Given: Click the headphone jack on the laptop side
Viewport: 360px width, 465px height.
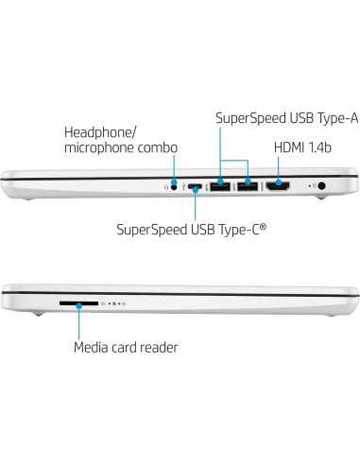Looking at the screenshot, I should (x=174, y=186).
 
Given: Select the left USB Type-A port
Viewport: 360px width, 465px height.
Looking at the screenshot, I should (x=222, y=186).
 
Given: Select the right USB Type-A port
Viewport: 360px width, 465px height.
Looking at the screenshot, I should (x=248, y=186).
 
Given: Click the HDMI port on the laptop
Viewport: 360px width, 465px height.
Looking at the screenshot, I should (x=278, y=186).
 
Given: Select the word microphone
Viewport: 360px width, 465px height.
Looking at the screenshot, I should (x=98, y=148).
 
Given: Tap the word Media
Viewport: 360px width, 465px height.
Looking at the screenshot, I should (x=93, y=347).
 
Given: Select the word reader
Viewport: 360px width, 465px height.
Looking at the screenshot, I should (x=158, y=347).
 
